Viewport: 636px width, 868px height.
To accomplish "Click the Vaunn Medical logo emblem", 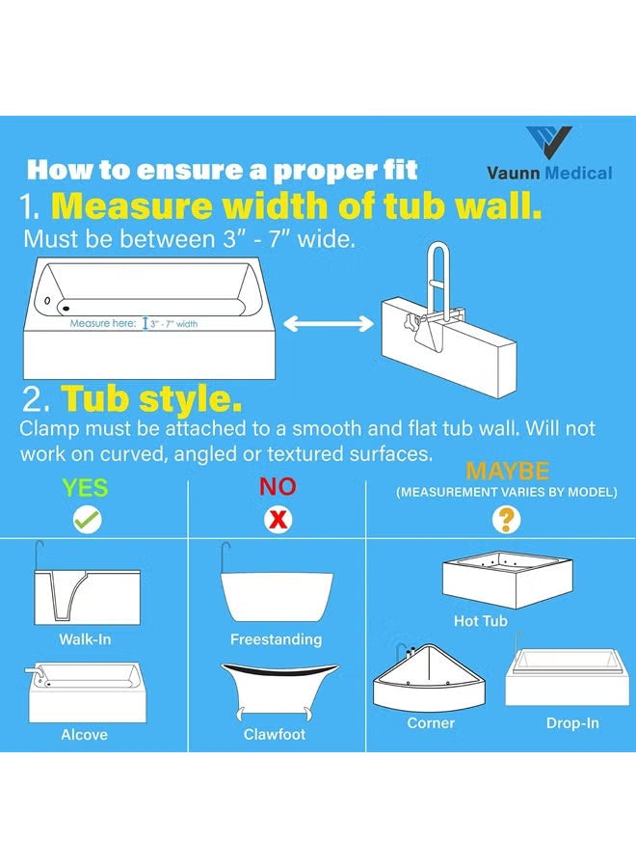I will [x=549, y=144].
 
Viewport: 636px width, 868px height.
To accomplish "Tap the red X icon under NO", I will [x=278, y=521].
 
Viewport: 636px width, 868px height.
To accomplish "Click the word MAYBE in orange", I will [x=507, y=472].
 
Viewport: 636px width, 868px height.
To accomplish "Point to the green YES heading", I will [x=85, y=487].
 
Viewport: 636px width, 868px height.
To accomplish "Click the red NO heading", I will [x=278, y=487].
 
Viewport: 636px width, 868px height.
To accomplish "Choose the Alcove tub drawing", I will [x=86, y=692].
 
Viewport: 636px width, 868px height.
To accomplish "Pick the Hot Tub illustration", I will [x=509, y=580].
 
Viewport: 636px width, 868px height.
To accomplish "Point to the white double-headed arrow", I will [x=328, y=326].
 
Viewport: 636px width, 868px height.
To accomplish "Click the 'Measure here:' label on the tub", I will [x=103, y=324].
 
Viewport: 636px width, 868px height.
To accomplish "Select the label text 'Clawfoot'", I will [x=275, y=735].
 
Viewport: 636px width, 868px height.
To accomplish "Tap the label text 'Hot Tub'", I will [x=480, y=622].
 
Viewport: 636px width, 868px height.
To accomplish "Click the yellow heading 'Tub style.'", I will [x=151, y=398].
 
